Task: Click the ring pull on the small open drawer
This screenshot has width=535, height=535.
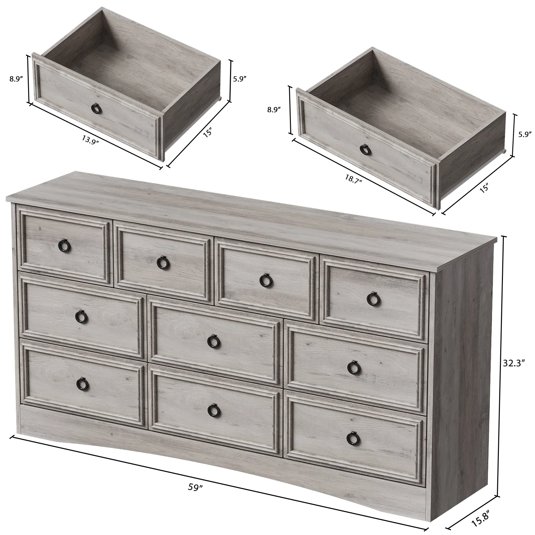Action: point(95,108)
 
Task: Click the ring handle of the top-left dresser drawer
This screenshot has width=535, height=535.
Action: point(63,246)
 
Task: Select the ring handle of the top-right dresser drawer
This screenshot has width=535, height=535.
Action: point(372,299)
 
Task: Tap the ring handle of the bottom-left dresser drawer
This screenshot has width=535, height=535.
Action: point(81,385)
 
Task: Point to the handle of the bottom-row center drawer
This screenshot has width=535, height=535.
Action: point(212,410)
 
